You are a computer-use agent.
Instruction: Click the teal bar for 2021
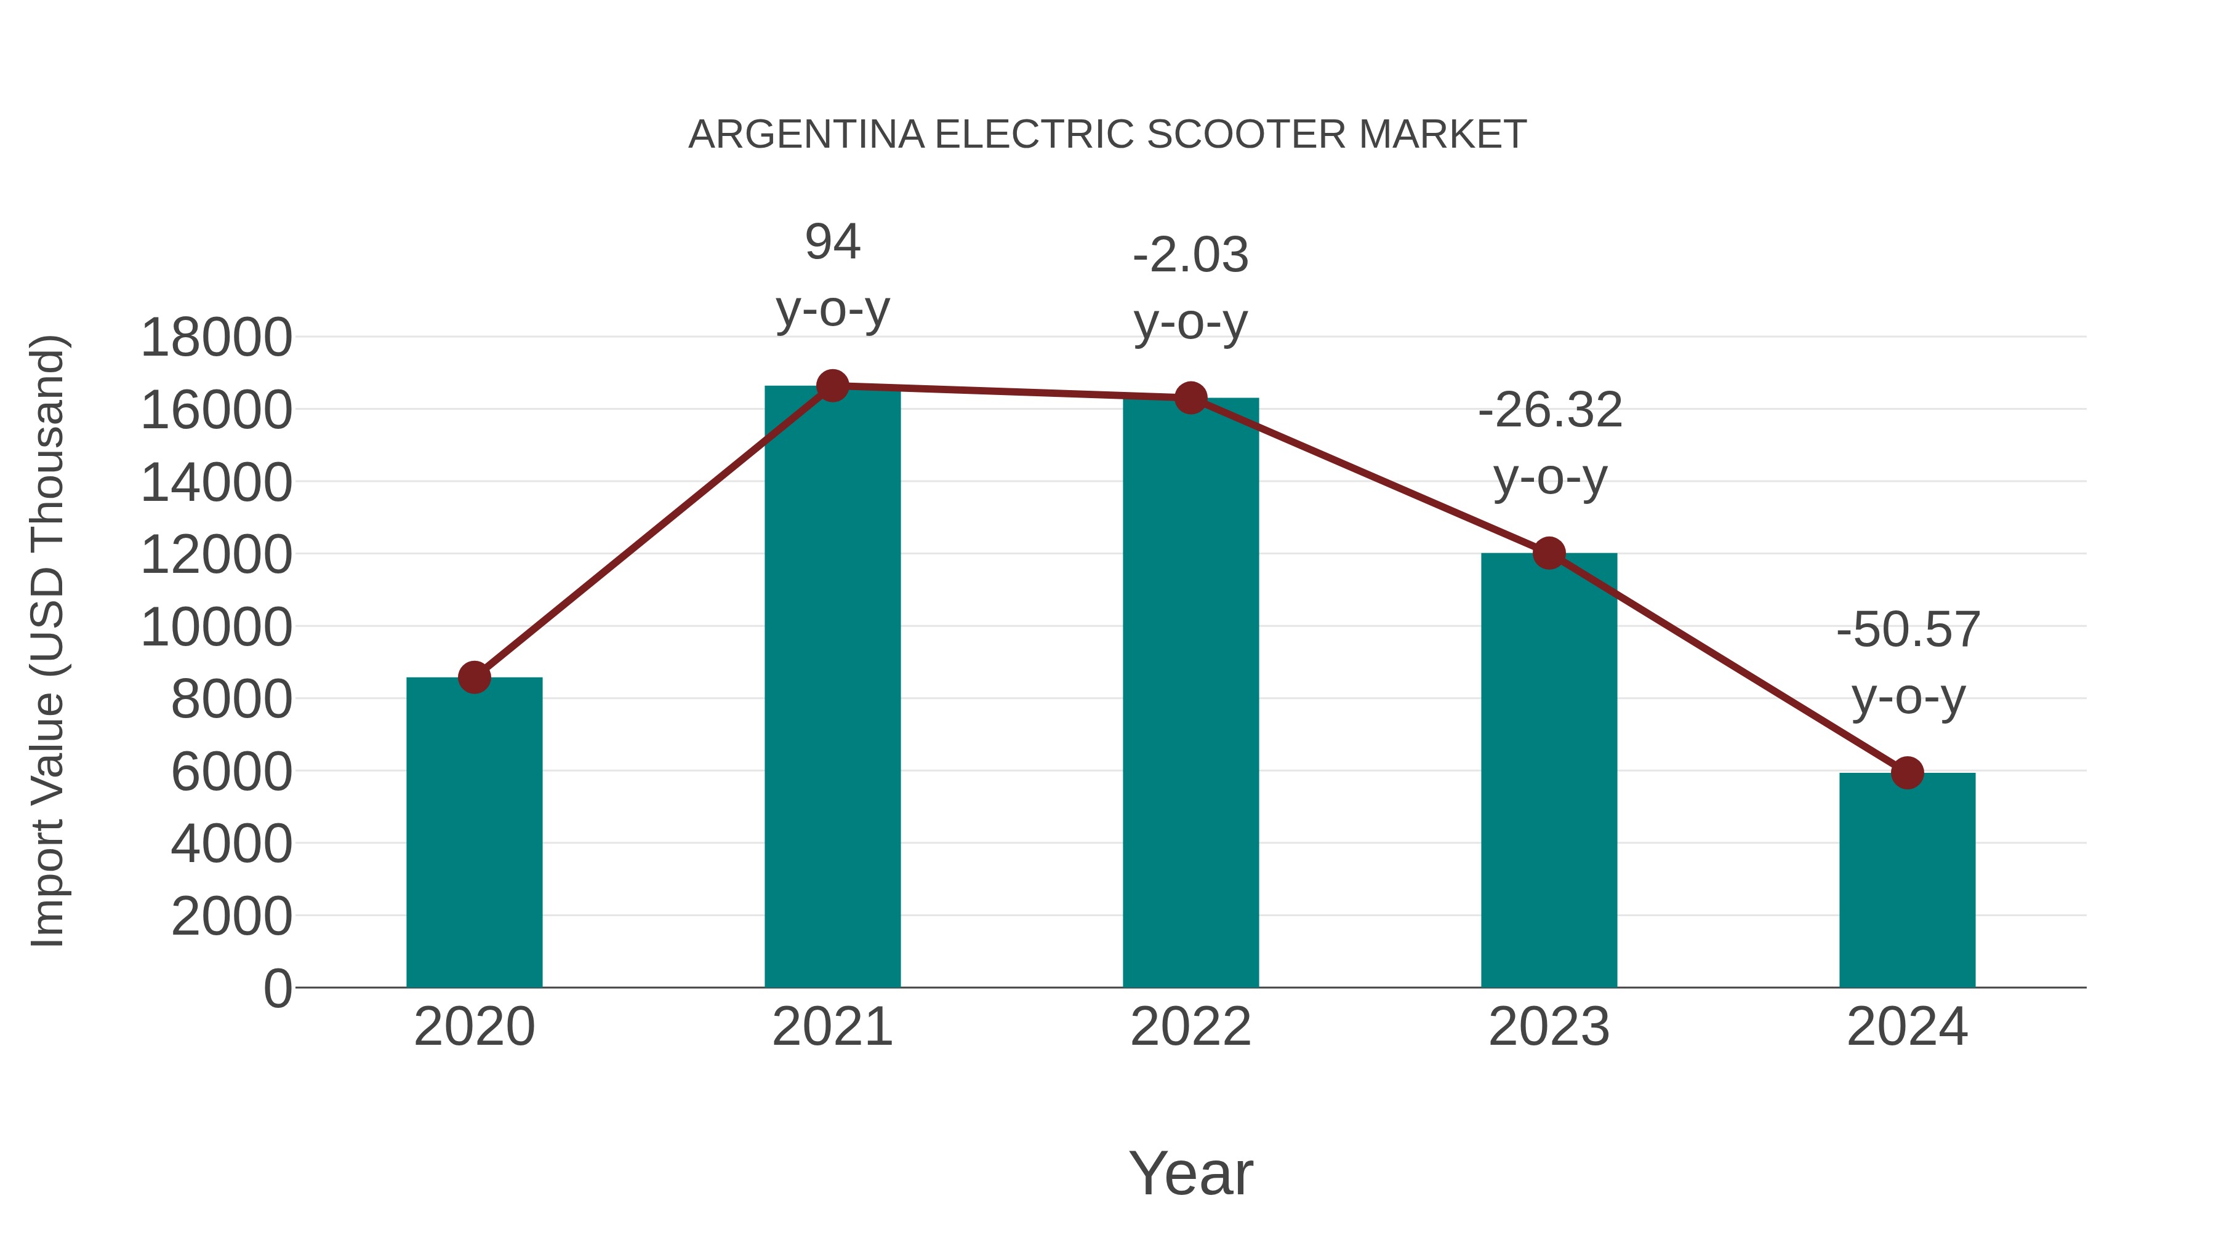click(832, 688)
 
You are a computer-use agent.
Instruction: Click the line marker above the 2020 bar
click(474, 677)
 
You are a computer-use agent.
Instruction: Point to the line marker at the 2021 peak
click(832, 386)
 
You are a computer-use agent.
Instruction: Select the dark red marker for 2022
click(1190, 397)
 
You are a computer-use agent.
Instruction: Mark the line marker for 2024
click(1907, 772)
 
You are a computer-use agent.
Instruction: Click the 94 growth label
click(832, 242)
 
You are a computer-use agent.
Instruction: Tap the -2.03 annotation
click(1190, 255)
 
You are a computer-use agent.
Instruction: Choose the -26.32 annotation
click(1549, 410)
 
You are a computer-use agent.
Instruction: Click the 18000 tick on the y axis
click(216, 337)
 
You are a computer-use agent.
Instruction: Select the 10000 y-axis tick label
click(216, 627)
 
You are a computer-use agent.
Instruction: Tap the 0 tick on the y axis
click(277, 988)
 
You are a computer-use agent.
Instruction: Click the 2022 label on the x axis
click(1190, 1027)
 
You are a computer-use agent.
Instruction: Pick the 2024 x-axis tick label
click(1907, 1027)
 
